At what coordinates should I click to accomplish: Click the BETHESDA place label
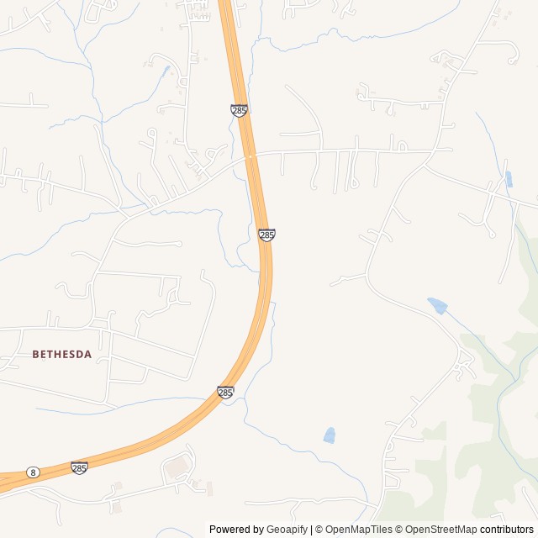61,355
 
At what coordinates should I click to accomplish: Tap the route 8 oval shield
32,472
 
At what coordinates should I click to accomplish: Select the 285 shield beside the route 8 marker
79,467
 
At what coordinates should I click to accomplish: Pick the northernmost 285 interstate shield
240,110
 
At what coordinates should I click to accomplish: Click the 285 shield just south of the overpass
266,235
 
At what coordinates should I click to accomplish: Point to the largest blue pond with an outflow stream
436,304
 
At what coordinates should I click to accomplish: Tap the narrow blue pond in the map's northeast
509,178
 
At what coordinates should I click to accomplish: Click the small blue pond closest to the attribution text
330,435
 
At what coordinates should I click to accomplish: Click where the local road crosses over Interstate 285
251,156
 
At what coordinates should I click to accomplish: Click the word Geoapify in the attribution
287,530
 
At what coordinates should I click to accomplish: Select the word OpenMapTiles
360,530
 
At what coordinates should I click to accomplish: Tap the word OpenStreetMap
441,530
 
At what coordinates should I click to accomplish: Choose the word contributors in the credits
507,530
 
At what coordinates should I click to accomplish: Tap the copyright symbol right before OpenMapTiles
319,530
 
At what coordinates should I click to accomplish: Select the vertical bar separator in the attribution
311,530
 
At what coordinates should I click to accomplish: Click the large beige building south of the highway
177,465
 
